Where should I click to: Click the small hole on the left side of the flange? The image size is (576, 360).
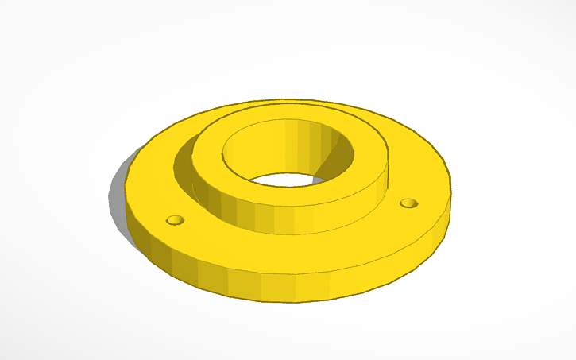pyautogui.click(x=175, y=219)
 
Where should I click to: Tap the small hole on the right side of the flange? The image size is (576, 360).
pyautogui.click(x=408, y=203)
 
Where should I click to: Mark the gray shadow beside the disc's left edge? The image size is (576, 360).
pyautogui.click(x=117, y=199)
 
